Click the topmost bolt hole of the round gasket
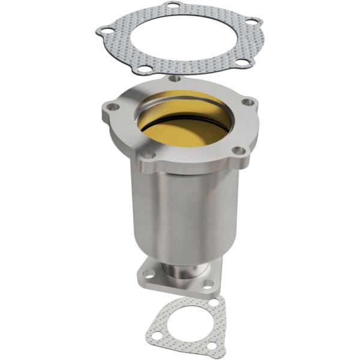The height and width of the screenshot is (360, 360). pyautogui.click(x=174, y=6)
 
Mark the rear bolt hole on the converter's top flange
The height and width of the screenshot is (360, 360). pyautogui.click(x=174, y=78)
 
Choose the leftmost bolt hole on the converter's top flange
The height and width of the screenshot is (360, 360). pyautogui.click(x=110, y=108)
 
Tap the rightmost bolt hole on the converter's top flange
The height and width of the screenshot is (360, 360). pyautogui.click(x=246, y=103)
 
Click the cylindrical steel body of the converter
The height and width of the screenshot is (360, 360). pyautogui.click(x=180, y=204)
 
